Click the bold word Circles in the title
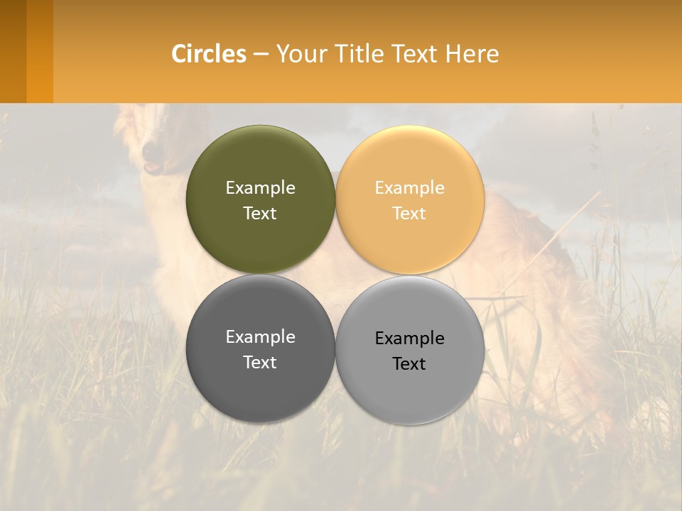tap(209, 54)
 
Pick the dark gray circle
tap(260, 383)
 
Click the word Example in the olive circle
tap(260, 188)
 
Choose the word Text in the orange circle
tap(409, 214)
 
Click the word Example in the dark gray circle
tap(260, 337)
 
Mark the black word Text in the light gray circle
tap(409, 364)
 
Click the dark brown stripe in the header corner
tap(13, 51)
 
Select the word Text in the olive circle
tap(260, 214)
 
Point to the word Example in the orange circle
tap(409, 188)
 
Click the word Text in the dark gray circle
tap(260, 363)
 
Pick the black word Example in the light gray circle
tap(409, 339)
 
